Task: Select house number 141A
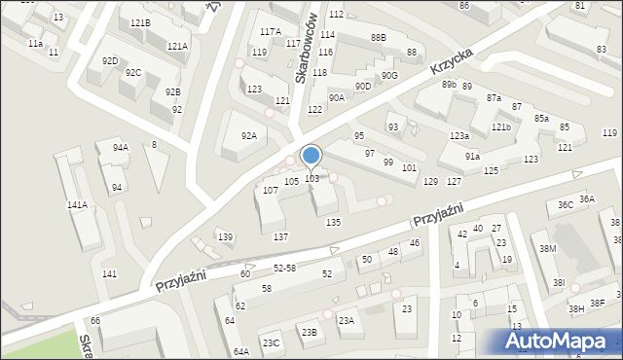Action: (77, 205)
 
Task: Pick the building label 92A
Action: (248, 135)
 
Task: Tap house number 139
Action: (225, 237)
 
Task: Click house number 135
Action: (333, 223)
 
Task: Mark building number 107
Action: (271, 191)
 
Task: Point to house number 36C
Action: (565, 205)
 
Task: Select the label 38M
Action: (548, 249)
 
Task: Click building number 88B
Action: (378, 37)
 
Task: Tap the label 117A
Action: (270, 32)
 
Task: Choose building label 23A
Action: (346, 320)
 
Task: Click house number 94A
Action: (120, 148)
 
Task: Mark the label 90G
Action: (389, 75)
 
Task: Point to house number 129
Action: (430, 182)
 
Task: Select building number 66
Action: (95, 320)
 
